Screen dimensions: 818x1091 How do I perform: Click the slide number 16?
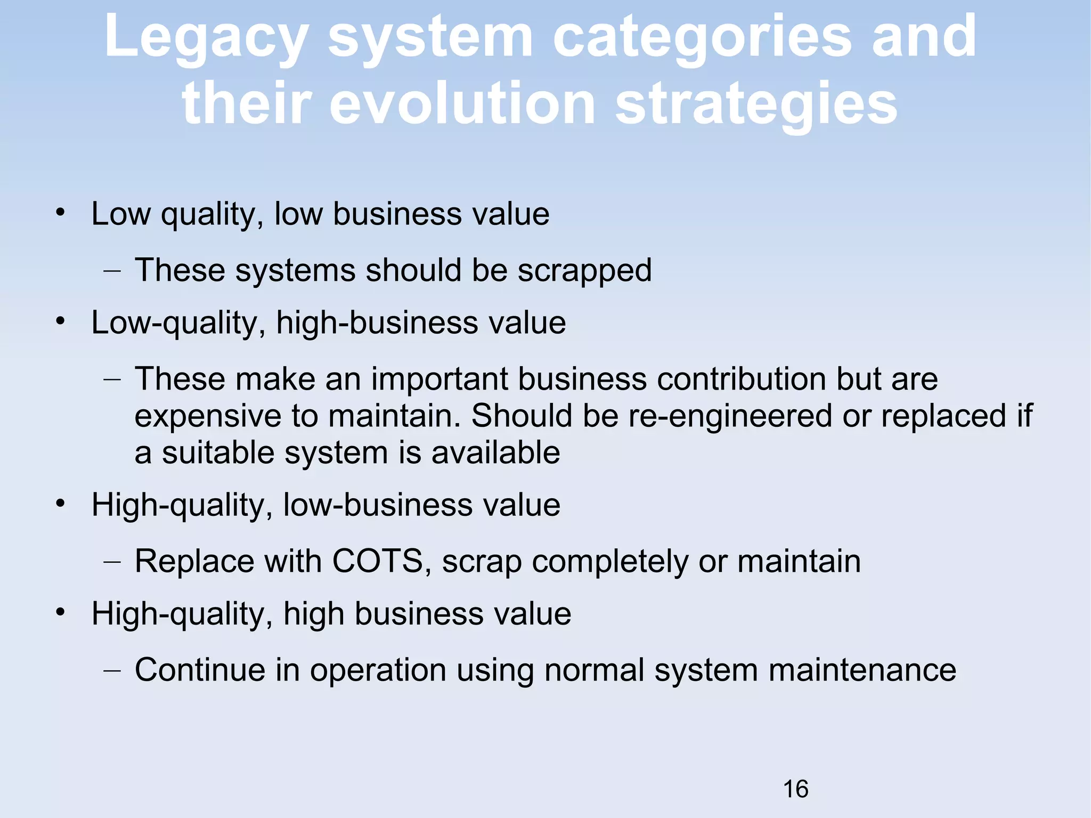point(795,789)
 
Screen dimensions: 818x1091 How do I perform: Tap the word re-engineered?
point(730,416)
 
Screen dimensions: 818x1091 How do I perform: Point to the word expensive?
point(208,417)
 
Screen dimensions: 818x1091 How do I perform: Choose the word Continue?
point(200,670)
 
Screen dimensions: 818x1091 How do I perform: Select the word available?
point(495,453)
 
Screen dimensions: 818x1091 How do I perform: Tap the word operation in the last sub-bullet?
point(378,671)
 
